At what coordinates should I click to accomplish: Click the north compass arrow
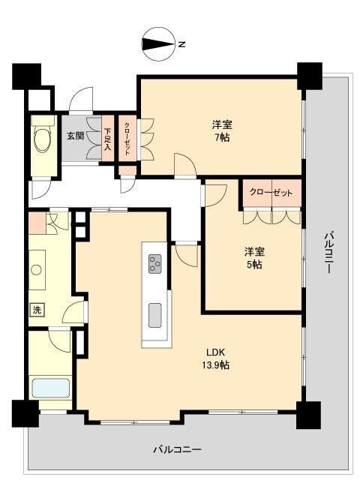(157, 43)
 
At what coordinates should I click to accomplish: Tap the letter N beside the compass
(181, 44)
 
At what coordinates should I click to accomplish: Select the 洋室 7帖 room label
(220, 130)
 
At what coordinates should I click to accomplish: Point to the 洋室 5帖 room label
(252, 257)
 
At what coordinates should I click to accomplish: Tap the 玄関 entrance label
(75, 136)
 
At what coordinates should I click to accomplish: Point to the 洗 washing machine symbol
(37, 310)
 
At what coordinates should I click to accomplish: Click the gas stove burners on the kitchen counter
(155, 263)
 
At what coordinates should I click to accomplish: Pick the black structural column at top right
(307, 76)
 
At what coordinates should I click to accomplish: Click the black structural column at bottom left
(25, 412)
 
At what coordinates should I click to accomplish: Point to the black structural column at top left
(26, 76)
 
